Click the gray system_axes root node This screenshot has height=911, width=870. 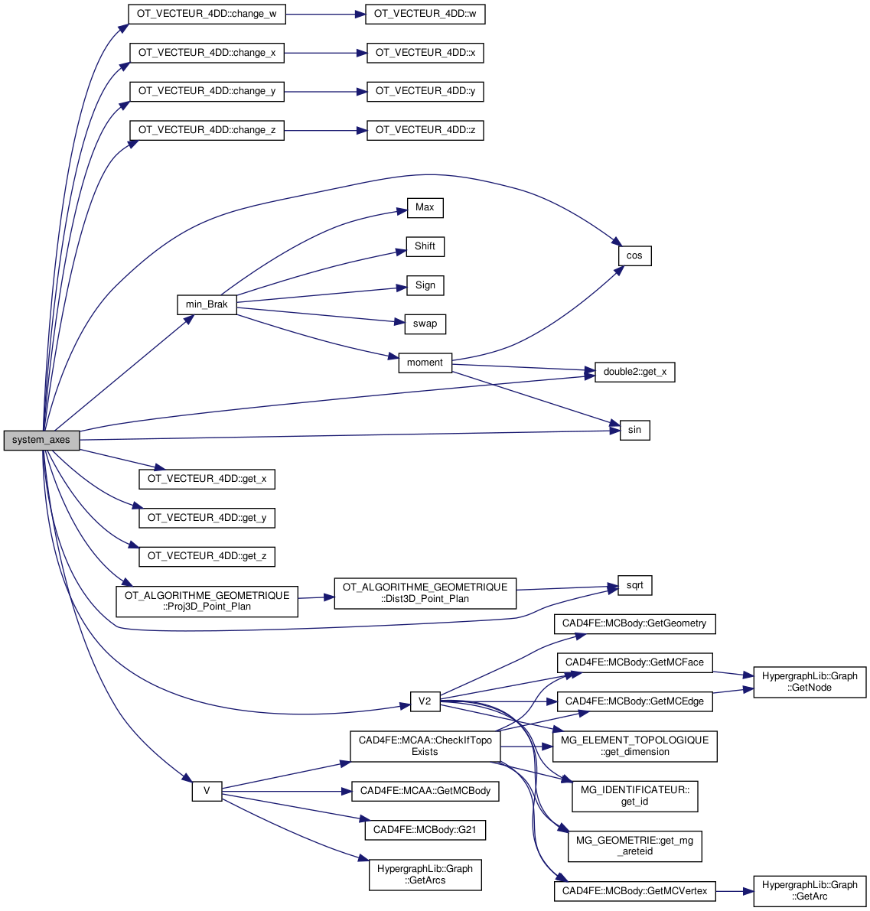pyautogui.click(x=41, y=440)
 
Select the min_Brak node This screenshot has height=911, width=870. pyautogui.click(x=207, y=304)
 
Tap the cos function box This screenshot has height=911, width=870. pyautogui.click(x=634, y=255)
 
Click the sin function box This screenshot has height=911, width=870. pyautogui.click(x=634, y=430)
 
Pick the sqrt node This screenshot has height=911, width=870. pyautogui.click(x=634, y=586)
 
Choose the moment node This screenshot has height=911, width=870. pyautogui.click(x=425, y=363)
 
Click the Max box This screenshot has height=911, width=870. pyautogui.click(x=425, y=207)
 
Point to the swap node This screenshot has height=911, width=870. pyautogui.click(x=425, y=324)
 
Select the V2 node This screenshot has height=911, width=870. pyautogui.click(x=425, y=701)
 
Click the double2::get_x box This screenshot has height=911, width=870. pyautogui.click(x=634, y=373)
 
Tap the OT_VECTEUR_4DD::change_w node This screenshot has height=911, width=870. pyautogui.click(x=207, y=14)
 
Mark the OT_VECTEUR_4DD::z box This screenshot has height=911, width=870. pyautogui.click(x=425, y=130)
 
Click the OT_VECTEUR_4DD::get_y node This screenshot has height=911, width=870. pyautogui.click(x=207, y=518)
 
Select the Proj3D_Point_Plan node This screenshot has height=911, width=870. pyautogui.click(x=207, y=601)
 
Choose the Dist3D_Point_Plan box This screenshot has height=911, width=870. pyautogui.click(x=425, y=593)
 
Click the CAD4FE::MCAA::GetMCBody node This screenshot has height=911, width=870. pyautogui.click(x=425, y=791)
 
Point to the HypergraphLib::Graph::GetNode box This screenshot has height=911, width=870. pyautogui.click(x=810, y=682)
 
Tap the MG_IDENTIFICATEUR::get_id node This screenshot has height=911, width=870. pyautogui.click(x=634, y=795)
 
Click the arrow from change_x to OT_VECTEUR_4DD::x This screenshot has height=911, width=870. pyautogui.click(x=321, y=53)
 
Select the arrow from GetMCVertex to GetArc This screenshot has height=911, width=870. pyautogui.click(x=735, y=891)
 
